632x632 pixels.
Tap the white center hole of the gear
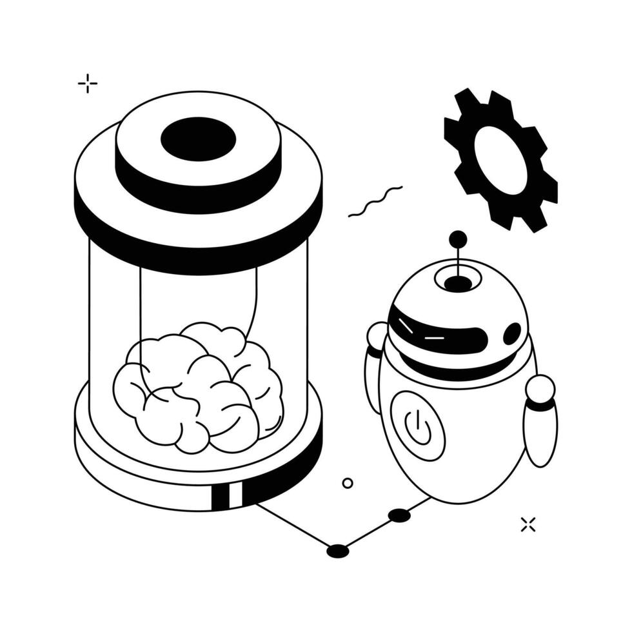click(500, 159)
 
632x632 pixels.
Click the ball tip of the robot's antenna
click(458, 239)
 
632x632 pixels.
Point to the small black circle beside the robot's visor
click(512, 333)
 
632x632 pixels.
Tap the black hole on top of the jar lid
click(198, 139)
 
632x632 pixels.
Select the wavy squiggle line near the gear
click(375, 201)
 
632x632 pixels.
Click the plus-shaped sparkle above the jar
click(87, 83)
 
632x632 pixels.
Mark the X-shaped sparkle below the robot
click(528, 524)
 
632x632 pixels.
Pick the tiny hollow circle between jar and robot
click(348, 483)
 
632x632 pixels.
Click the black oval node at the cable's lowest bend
click(337, 551)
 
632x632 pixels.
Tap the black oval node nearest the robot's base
click(399, 515)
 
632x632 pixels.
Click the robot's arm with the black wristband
click(540, 426)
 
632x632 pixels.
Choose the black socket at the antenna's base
click(458, 283)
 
